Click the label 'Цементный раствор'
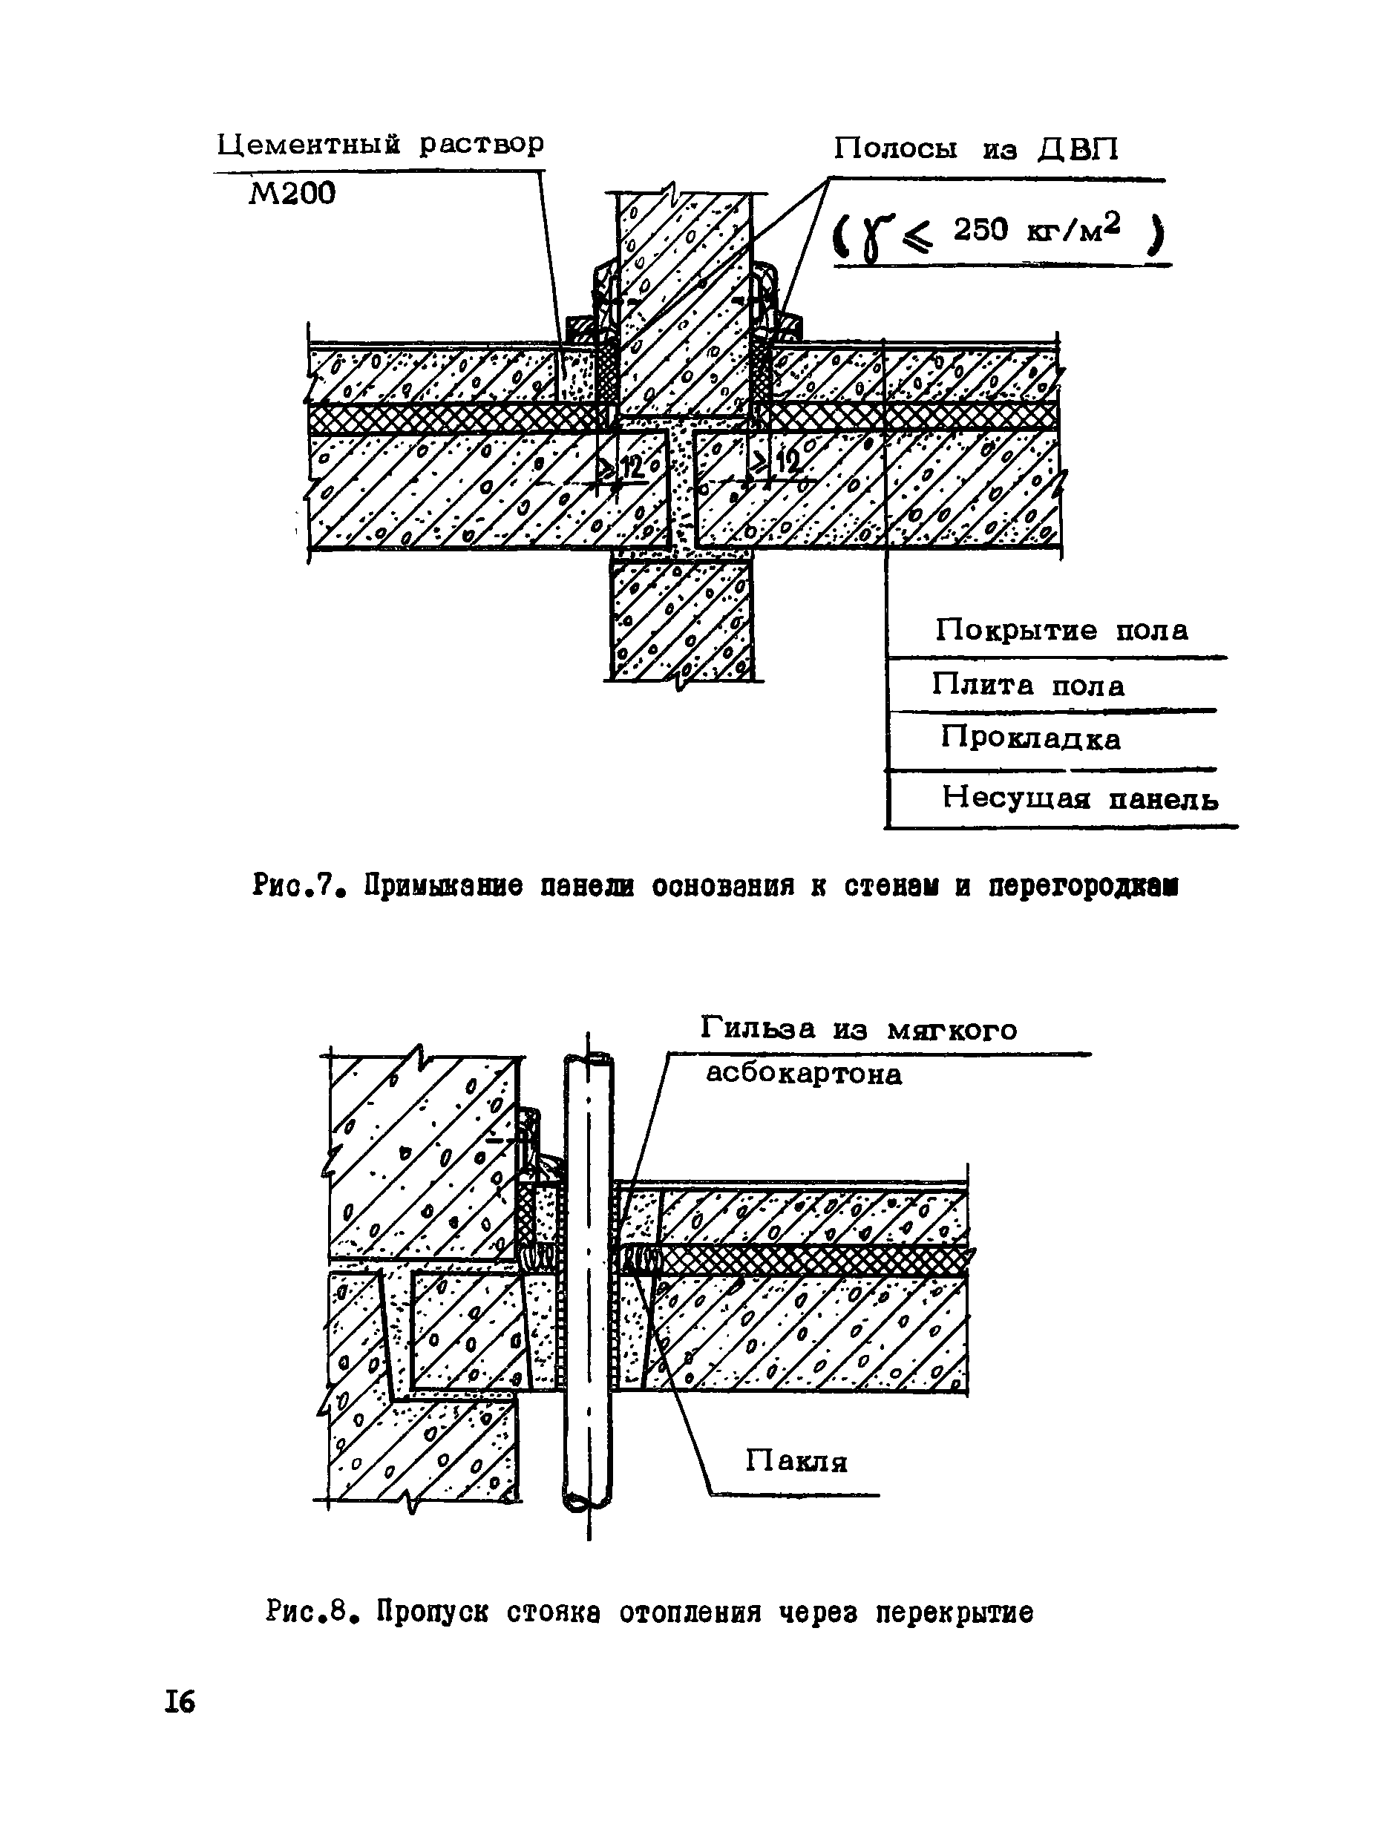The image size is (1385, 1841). (x=379, y=145)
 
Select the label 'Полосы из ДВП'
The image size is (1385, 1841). (x=976, y=149)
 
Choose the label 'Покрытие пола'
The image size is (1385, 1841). (x=1061, y=630)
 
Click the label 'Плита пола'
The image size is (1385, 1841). (x=1028, y=686)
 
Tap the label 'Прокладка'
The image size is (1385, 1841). (x=1030, y=738)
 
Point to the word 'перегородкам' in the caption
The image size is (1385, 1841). (x=1083, y=887)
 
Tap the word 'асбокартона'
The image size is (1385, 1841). (x=803, y=1074)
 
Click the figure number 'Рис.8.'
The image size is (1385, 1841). (x=307, y=1612)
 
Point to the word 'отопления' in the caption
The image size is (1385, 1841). (x=690, y=1612)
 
